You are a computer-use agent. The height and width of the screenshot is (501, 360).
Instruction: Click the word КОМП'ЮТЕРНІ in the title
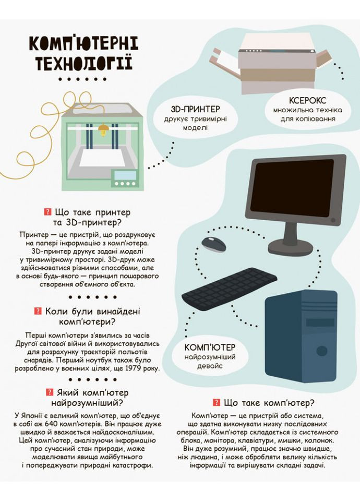pyautogui.click(x=84, y=44)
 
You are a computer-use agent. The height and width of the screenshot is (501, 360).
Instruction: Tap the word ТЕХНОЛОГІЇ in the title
pyautogui.click(x=83, y=63)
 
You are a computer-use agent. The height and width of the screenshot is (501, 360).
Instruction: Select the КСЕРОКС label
pyautogui.click(x=308, y=100)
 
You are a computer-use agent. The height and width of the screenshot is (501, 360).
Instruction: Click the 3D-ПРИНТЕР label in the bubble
pyautogui.click(x=196, y=109)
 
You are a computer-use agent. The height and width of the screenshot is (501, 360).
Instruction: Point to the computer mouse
pyautogui.click(x=213, y=244)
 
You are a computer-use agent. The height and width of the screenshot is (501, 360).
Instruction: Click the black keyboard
pyautogui.click(x=230, y=289)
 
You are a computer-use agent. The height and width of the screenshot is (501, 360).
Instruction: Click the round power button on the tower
pyautogui.click(x=322, y=351)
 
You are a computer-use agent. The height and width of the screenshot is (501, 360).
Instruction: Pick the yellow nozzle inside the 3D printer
pyautogui.click(x=103, y=129)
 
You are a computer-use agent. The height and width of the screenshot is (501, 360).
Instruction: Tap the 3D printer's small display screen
pyautogui.click(x=125, y=175)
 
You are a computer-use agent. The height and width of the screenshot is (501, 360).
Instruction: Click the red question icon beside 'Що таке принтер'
pyautogui.click(x=48, y=212)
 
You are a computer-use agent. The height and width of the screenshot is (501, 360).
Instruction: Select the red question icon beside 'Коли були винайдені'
pyautogui.click(x=38, y=311)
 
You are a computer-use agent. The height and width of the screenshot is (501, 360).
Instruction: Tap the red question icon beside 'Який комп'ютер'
pyautogui.click(x=50, y=392)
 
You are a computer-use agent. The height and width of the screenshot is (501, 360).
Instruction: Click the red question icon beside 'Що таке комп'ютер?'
pyautogui.click(x=217, y=402)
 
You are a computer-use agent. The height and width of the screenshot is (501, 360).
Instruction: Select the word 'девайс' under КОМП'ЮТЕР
pyautogui.click(x=210, y=366)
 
